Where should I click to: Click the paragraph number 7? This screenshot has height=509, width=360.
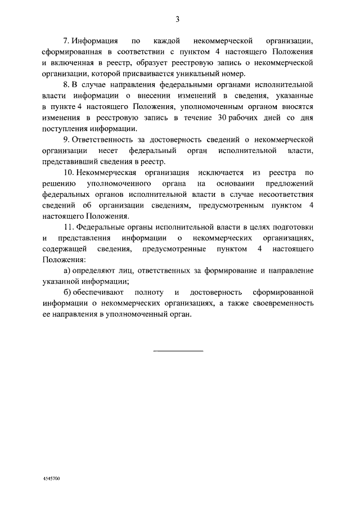tap(66, 42)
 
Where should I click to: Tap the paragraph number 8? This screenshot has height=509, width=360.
tap(66, 85)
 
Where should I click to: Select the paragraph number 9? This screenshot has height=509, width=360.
tap(66, 139)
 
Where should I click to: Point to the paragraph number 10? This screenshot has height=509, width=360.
tap(68, 172)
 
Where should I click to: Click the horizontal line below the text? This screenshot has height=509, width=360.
tap(178, 351)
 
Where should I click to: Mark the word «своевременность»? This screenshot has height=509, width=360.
tap(281, 303)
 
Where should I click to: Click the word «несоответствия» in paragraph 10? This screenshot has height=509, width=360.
tap(286, 194)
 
